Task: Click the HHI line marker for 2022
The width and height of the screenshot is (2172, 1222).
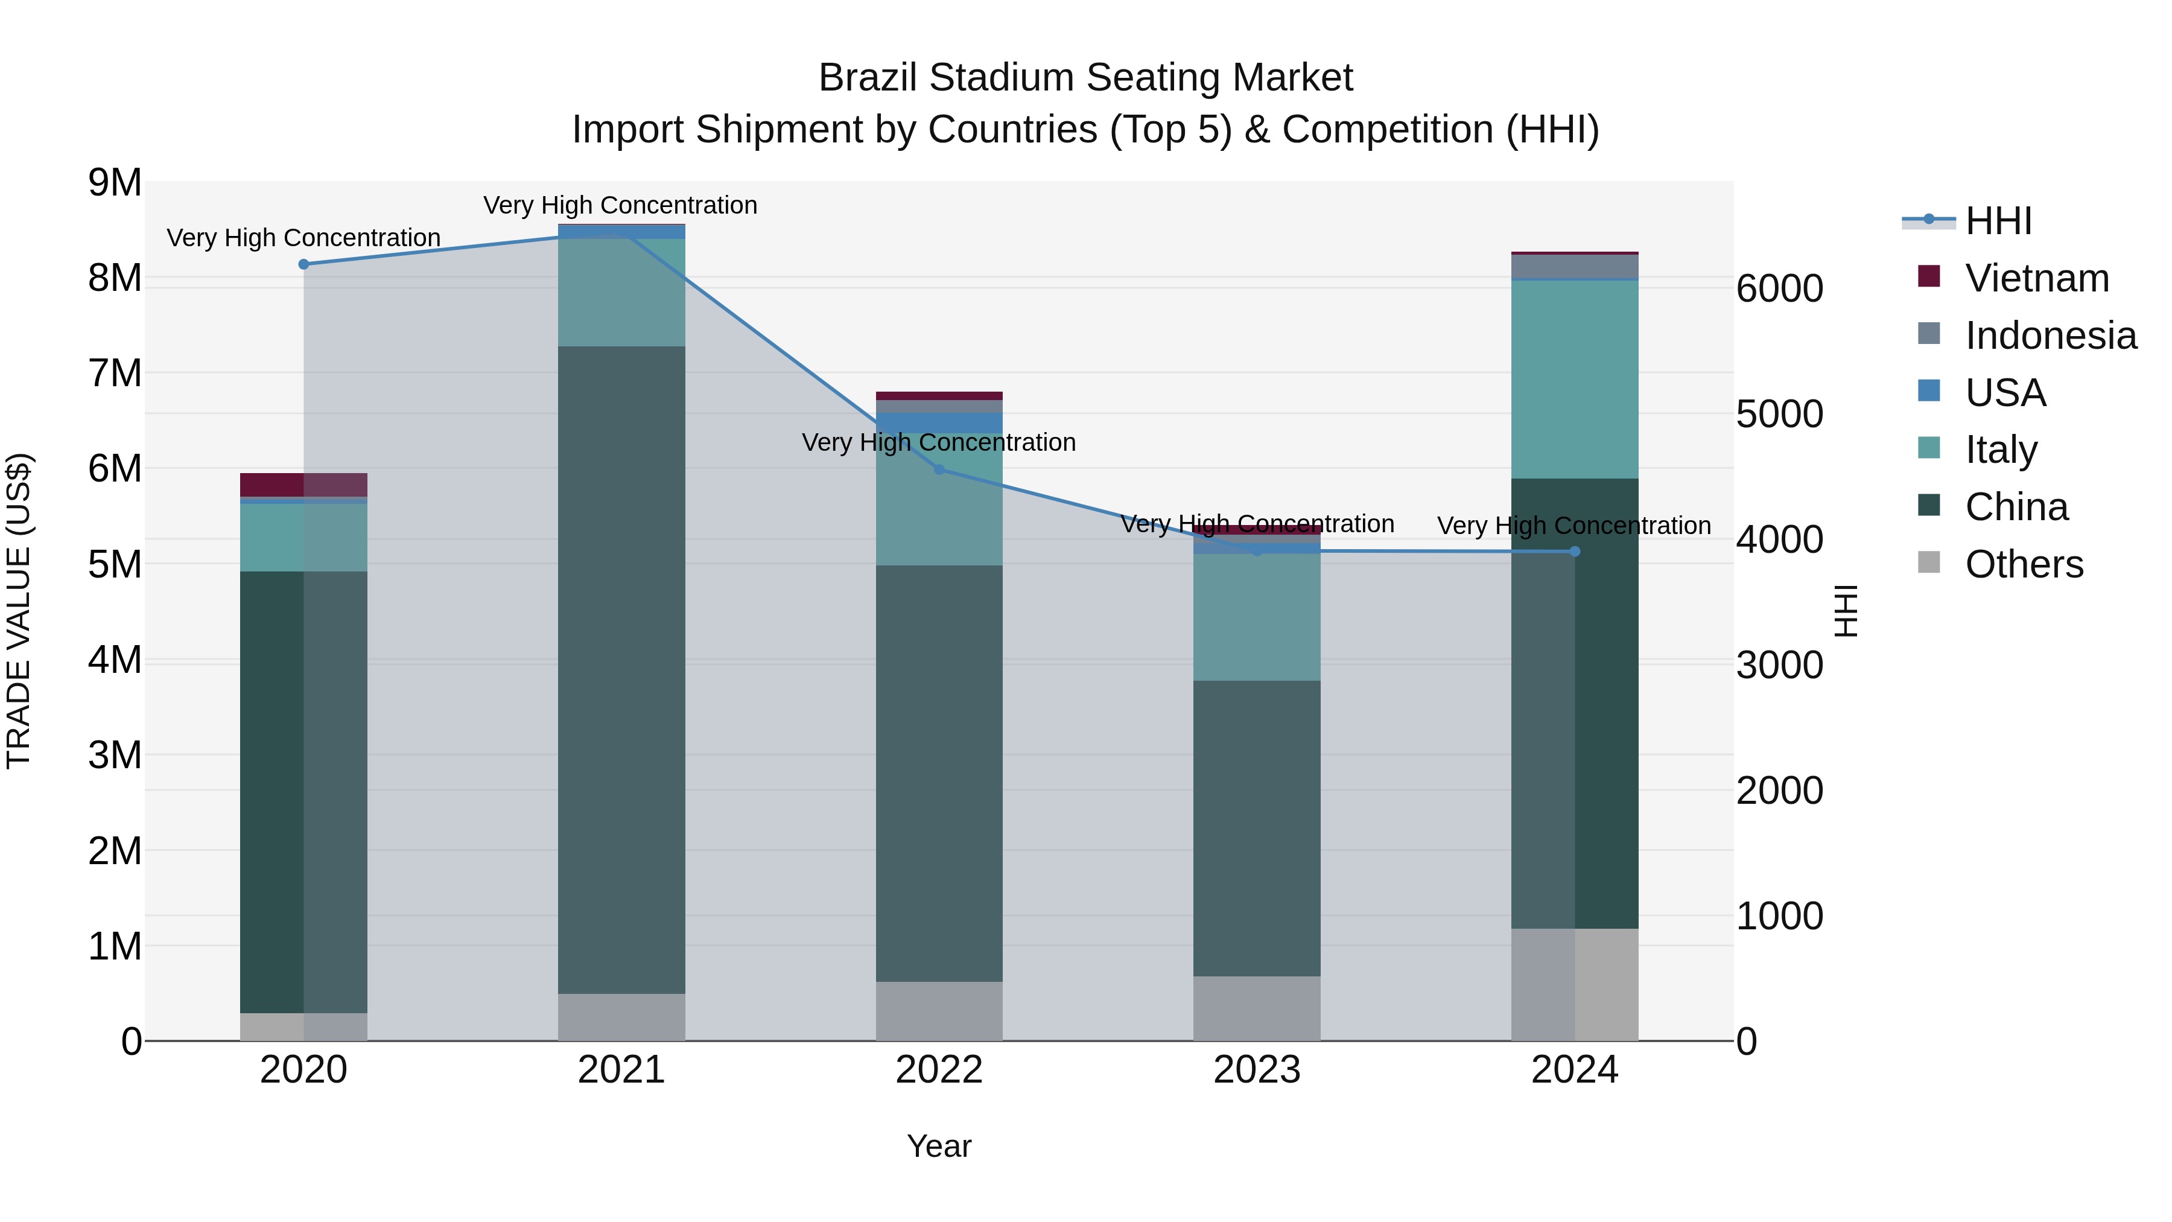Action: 939,469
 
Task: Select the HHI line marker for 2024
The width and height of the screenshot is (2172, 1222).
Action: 1574,552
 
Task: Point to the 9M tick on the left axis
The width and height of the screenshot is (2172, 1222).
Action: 115,183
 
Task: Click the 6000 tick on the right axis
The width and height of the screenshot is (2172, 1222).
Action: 1779,288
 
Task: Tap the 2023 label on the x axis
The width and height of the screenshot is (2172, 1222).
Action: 1256,1070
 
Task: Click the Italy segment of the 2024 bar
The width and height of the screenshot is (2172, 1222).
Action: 1574,380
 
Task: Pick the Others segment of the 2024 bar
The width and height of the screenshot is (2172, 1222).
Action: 1574,984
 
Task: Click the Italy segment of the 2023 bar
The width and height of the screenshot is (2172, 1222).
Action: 1256,617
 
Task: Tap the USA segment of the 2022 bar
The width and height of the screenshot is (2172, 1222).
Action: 939,422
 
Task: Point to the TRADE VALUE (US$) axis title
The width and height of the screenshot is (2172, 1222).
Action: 19,611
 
